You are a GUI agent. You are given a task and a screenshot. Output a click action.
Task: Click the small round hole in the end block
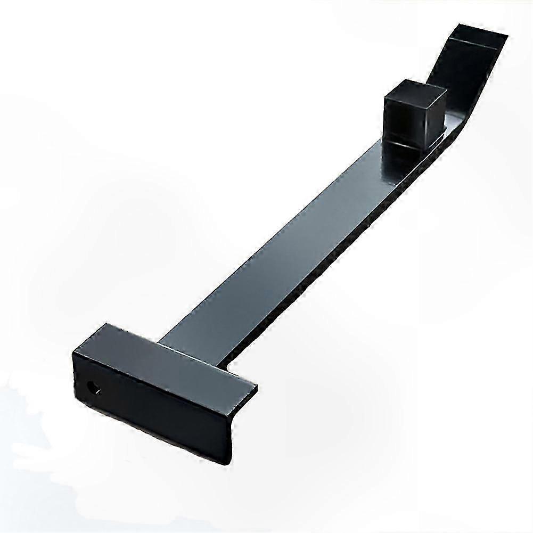(94, 386)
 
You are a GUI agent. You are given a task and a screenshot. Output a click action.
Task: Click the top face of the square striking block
(415, 91)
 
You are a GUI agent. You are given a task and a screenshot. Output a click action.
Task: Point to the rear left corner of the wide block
(106, 326)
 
